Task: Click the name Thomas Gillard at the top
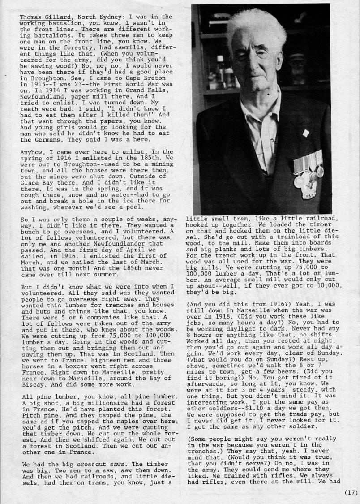[x=47, y=17]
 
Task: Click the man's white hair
[x=255, y=27]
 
